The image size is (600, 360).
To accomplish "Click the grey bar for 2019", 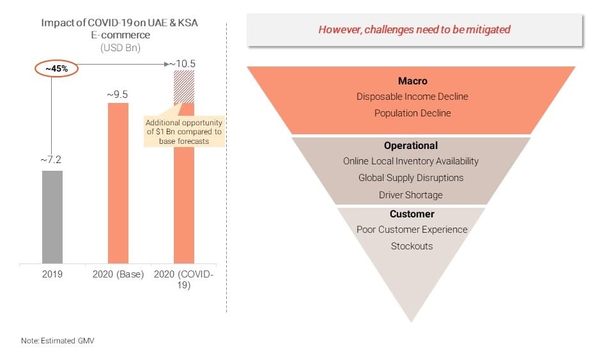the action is (52, 217).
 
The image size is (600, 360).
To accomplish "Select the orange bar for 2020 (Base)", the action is (118, 183).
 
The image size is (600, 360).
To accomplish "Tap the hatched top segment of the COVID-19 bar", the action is (183, 87).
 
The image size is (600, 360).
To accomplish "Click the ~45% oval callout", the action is (57, 69).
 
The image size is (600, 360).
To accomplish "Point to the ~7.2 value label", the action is (51, 160).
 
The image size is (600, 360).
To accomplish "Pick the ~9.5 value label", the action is (118, 95).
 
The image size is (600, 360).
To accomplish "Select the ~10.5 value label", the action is (182, 63).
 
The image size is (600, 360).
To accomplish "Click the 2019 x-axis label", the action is (52, 274).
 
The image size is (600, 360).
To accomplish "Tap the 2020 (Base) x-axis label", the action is (118, 274).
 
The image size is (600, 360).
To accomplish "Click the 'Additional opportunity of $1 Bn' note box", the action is (184, 132).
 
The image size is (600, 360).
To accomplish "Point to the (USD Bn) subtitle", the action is (120, 48).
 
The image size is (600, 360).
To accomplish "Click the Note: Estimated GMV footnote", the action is (58, 340).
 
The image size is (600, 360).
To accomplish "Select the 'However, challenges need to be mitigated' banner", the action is (415, 30).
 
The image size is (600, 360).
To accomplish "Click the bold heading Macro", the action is (413, 81).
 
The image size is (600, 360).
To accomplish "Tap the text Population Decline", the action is (413, 113).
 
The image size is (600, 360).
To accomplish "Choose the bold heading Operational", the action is (411, 146).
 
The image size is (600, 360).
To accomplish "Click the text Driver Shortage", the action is (411, 195).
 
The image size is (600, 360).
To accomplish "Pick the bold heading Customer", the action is (412, 214).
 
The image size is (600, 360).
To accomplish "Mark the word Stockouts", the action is (412, 246).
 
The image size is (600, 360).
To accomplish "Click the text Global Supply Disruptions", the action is (411, 178).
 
